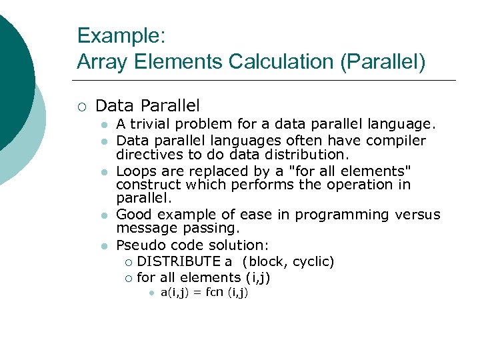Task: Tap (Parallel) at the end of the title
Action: click(x=383, y=62)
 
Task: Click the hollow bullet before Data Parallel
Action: click(x=81, y=105)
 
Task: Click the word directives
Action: click(x=145, y=154)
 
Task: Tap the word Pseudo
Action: click(x=138, y=245)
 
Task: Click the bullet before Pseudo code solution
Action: click(x=103, y=246)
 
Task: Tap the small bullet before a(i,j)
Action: click(x=151, y=293)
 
